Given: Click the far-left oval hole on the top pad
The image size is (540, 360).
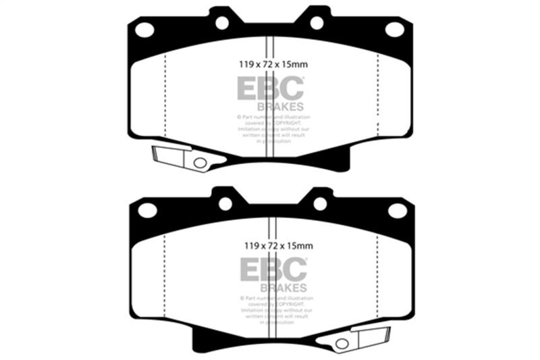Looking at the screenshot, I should coord(144,30).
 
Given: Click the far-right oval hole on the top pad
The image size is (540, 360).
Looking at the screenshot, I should coord(394,29).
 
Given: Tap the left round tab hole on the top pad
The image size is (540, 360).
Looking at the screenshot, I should coord(222,23).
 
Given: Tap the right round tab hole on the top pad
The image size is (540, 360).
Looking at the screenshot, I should coord(317,23).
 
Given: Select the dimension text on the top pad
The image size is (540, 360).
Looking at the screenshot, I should coord(269,66).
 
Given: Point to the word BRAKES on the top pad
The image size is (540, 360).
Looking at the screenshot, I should coord(279,107).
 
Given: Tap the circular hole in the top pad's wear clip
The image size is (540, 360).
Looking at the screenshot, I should coord(200,163).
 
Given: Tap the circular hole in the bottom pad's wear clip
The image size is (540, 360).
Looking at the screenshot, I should coord(342,344).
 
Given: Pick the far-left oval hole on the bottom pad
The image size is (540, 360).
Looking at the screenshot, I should coord(147,211).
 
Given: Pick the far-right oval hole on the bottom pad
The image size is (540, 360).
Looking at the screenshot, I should coord(398,211).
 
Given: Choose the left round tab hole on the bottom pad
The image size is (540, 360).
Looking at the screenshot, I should coord(225,204).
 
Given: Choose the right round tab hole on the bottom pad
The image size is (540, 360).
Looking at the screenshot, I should coord(320,204).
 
